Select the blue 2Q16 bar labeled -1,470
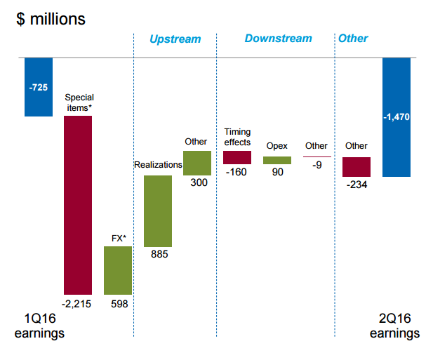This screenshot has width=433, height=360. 397,117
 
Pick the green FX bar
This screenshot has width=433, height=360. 118,270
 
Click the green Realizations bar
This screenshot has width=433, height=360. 158,211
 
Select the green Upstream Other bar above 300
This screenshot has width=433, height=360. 197,163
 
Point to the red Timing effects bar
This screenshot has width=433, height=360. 237,157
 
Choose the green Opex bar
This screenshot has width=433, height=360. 277,160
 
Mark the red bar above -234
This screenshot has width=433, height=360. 357,166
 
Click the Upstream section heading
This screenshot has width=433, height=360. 175,39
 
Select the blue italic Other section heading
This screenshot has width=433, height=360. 353,39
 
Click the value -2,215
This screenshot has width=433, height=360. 77,304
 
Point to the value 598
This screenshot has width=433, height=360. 119,304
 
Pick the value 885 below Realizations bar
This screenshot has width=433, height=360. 159,255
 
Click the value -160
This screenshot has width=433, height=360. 237,172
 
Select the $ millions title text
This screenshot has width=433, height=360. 51,19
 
